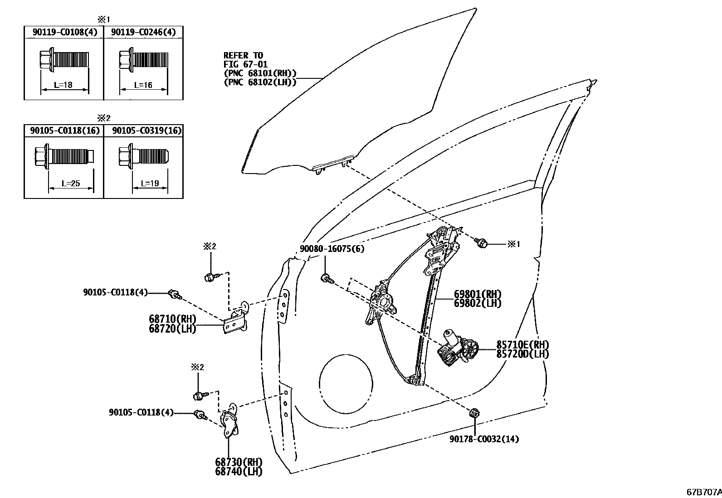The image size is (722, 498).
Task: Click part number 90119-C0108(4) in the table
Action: tap(63, 32)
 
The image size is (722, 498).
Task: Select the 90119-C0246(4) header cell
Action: tap(143, 32)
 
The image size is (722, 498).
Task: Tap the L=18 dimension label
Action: tap(63, 85)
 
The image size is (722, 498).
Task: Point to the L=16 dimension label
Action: tap(143, 85)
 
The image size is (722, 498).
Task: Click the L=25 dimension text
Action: tap(70, 184)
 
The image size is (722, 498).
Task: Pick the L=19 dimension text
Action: tap(150, 184)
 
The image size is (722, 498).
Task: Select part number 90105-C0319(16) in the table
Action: tap(146, 131)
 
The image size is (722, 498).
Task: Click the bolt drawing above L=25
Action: tap(64, 156)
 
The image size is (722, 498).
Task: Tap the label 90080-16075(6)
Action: tap(332, 249)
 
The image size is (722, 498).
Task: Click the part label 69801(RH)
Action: tap(478, 294)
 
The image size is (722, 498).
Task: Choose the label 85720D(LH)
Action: tap(522, 354)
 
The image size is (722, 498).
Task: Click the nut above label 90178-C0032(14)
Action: tap(474, 413)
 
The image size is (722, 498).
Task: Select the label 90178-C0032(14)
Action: tap(484, 439)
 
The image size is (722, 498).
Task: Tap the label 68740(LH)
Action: tap(239, 472)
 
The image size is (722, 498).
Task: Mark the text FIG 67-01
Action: tap(245, 64)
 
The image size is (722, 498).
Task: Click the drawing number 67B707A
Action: tap(703, 492)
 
